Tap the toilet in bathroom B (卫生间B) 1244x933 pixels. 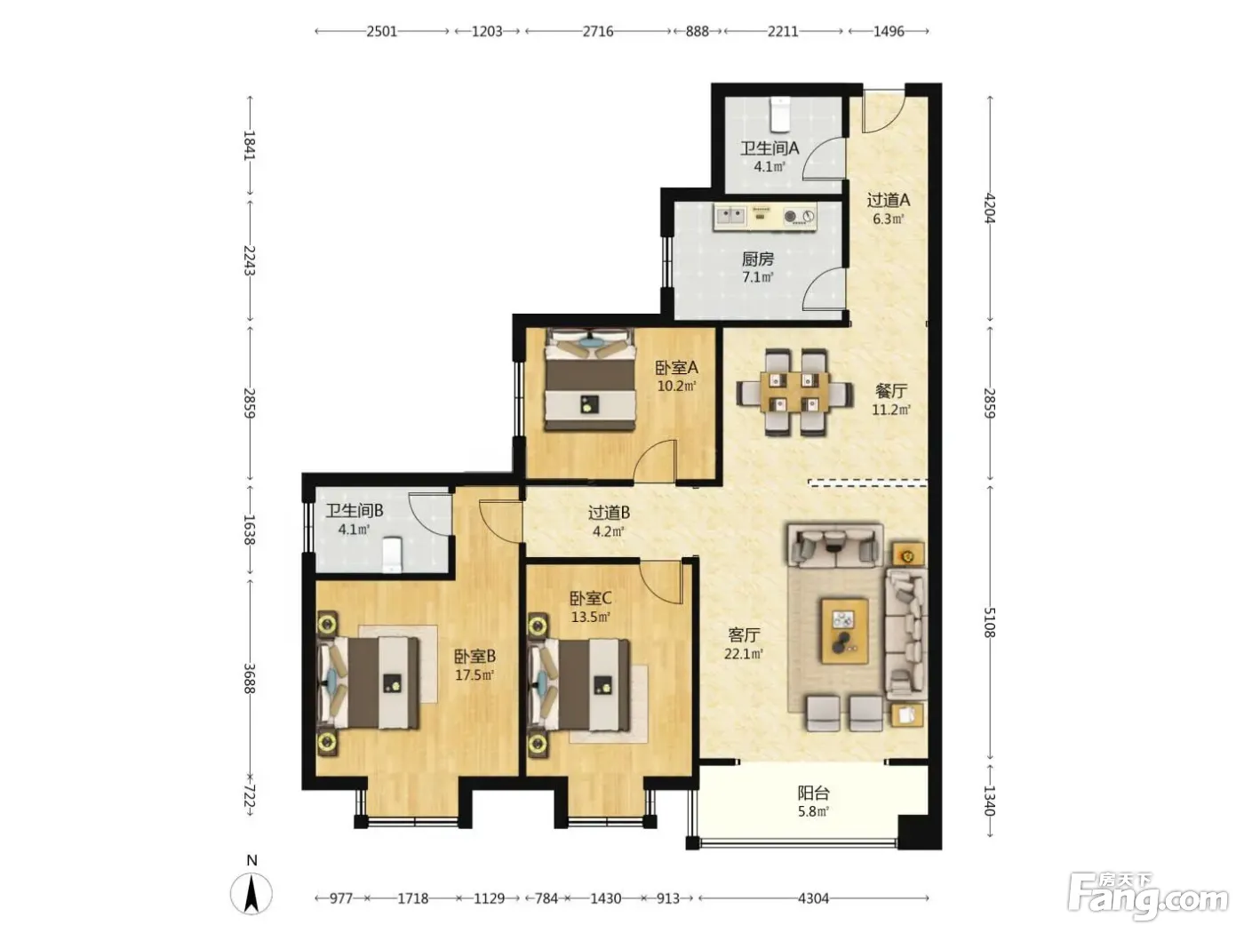point(392,554)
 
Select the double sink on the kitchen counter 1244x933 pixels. point(730,216)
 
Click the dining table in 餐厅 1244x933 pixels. point(794,392)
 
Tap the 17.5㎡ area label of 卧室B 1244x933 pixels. point(474,675)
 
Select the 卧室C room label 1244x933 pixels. point(590,598)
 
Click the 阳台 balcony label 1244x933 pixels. point(813,793)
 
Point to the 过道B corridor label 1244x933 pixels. point(609,513)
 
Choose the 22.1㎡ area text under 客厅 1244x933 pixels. point(743,654)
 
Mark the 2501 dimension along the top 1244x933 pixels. point(381,31)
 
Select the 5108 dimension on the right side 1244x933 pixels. point(989,622)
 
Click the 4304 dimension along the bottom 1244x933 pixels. point(813,898)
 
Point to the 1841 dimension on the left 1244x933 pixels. point(250,146)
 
